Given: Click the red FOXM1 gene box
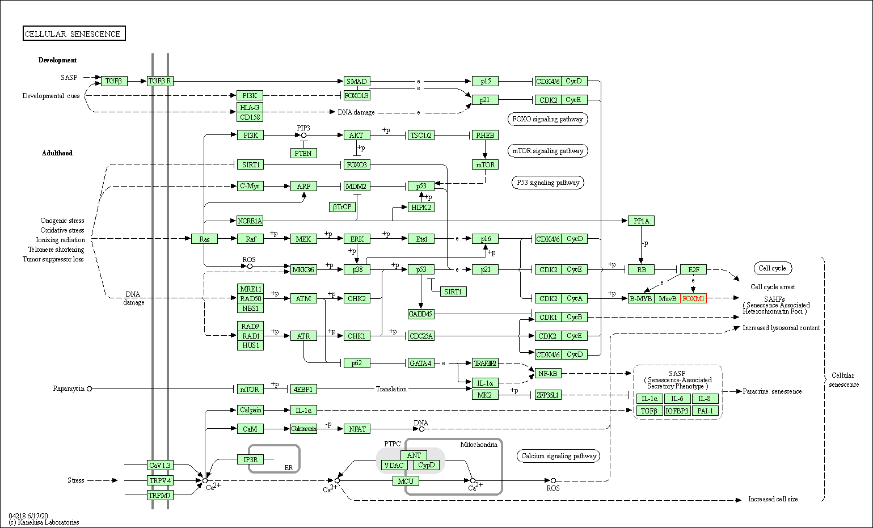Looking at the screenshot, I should pyautogui.click(x=693, y=298).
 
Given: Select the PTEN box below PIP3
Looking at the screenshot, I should pyautogui.click(x=303, y=153).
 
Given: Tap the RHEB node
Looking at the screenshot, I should pyautogui.click(x=485, y=135).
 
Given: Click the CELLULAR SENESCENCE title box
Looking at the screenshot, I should pyautogui.click(x=74, y=34).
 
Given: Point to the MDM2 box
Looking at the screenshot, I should pyautogui.click(x=356, y=186).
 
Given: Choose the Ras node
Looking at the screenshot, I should pyautogui.click(x=204, y=239).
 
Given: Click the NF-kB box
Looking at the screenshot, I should pyautogui.click(x=548, y=373).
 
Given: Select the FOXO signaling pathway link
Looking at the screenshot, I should pyautogui.click(x=547, y=119).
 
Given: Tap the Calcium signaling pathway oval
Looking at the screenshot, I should pyautogui.click(x=559, y=456).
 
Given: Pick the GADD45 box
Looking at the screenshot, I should pyautogui.click(x=420, y=314).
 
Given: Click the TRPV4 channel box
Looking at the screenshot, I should pyautogui.click(x=159, y=480).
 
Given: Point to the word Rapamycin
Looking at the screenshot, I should pyautogui.click(x=69, y=388).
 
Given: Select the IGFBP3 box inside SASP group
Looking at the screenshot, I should pyautogui.click(x=677, y=411).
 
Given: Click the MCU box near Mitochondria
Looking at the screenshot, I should pyautogui.click(x=406, y=481).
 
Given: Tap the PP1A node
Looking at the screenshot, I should pyautogui.click(x=641, y=221).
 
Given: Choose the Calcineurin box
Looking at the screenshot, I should pyautogui.click(x=303, y=429).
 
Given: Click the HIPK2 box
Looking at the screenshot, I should pyautogui.click(x=421, y=207).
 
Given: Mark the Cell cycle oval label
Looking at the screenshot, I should pyautogui.click(x=772, y=268).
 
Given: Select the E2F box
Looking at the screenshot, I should pyautogui.click(x=693, y=269).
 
